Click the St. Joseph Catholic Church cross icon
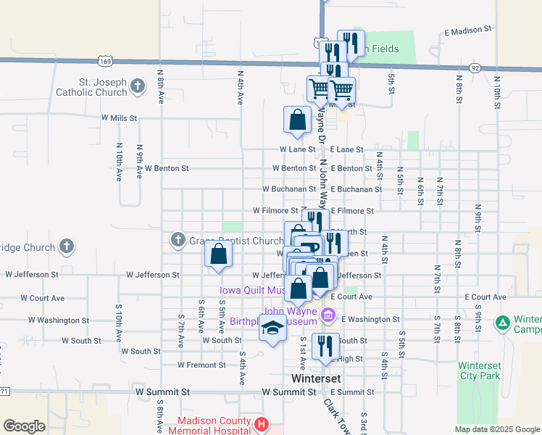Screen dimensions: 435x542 coord(138,88)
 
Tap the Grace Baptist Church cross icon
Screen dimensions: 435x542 coord(178,240)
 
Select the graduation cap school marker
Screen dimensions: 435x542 coord(272,329)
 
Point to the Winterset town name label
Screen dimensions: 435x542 coord(315,378)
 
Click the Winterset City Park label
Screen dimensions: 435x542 coord(479,370)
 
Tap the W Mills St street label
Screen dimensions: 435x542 coord(120,117)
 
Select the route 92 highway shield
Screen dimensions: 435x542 coord(475,67)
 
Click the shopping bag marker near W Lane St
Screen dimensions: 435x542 coord(297,120)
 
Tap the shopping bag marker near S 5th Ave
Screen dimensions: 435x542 coord(219,254)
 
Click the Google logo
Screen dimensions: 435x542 coord(24,426)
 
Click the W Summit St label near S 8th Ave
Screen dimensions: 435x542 coord(162,391)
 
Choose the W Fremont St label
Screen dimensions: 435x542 coord(201,365)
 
